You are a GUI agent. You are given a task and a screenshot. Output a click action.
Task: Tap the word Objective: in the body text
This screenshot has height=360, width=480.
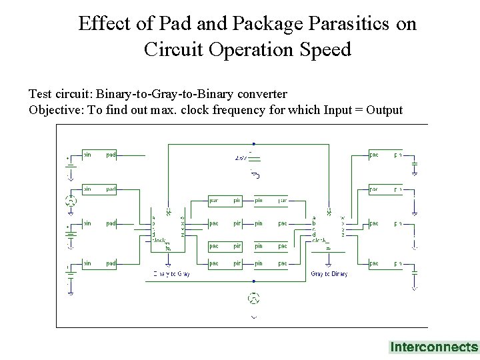coord(55,109)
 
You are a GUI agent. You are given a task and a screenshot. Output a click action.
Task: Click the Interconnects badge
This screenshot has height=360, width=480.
coord(433,347)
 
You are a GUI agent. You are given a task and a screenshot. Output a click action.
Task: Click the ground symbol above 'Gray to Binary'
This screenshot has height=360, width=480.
coord(328,248)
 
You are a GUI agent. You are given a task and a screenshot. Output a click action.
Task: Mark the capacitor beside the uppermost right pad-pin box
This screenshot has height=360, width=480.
coord(415,164)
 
